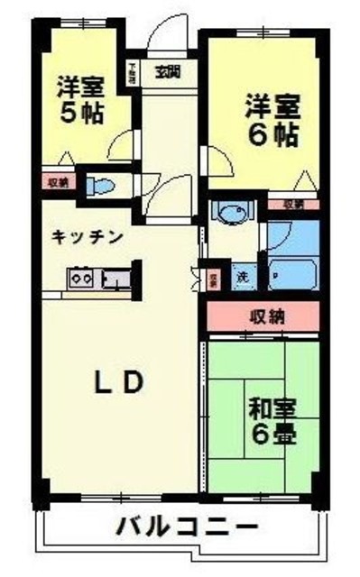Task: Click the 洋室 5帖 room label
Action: tap(80, 101)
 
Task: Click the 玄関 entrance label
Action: tap(164, 71)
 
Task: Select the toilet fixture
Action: tap(102, 187)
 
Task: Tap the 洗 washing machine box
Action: tap(242, 276)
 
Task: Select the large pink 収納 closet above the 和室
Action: tap(263, 316)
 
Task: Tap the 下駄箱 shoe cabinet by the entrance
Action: tap(132, 72)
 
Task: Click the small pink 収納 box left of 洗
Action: tap(215, 279)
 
